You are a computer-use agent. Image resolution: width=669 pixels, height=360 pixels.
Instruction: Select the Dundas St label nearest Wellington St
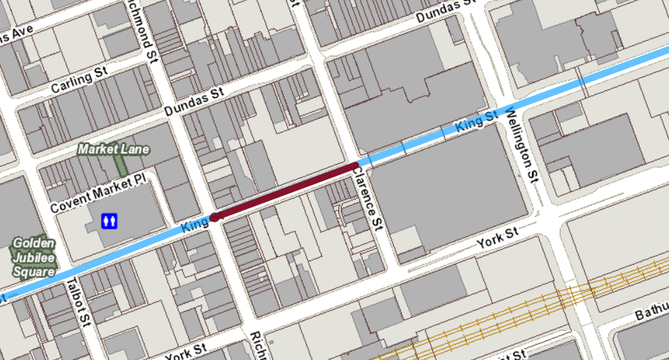coord(445,12)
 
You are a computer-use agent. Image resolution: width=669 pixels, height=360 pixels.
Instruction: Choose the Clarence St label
coord(368,200)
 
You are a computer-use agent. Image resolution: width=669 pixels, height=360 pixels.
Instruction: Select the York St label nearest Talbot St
coord(187,349)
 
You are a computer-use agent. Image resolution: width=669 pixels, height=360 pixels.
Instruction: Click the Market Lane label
coord(113,149)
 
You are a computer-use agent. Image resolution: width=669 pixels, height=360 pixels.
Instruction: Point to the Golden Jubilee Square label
coord(33,258)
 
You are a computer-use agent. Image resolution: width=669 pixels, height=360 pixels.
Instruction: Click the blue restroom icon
coord(110,220)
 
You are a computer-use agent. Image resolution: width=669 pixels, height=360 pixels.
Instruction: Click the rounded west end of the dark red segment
coord(216,217)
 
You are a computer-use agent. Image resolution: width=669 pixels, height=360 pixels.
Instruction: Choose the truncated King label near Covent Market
coord(195,224)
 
